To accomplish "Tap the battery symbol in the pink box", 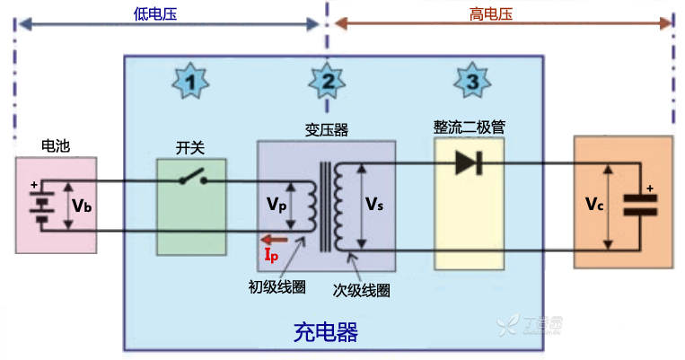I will pyautogui.click(x=39, y=206).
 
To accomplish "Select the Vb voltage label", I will pyautogui.click(x=82, y=206).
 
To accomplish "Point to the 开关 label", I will pyautogui.click(x=191, y=146).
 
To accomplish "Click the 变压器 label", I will pyautogui.click(x=327, y=130).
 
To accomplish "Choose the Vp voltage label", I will pyautogui.click(x=277, y=204).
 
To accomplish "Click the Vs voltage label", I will pyautogui.click(x=374, y=204).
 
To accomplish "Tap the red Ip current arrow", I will pyautogui.click(x=275, y=240).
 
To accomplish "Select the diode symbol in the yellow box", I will pyautogui.click(x=467, y=163).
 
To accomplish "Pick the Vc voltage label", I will pyautogui.click(x=593, y=205).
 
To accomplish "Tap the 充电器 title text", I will pyautogui.click(x=326, y=333).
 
